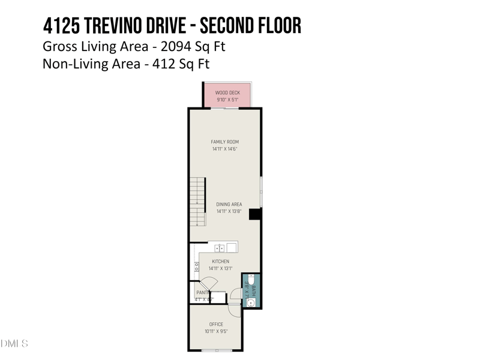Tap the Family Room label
(225, 142)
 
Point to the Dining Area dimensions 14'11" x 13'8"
(229, 211)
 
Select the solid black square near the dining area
(254, 214)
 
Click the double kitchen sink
(220, 247)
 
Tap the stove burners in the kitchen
(196, 268)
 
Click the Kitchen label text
(220, 262)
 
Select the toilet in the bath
(251, 281)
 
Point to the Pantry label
(202, 293)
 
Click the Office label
(216, 325)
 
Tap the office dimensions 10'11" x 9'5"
(216, 331)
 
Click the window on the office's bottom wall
(216, 350)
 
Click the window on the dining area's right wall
(261, 191)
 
